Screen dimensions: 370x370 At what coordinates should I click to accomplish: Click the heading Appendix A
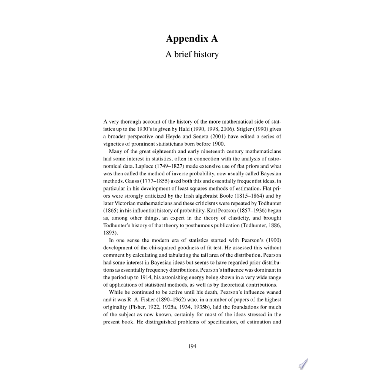pyautogui.click(x=192, y=38)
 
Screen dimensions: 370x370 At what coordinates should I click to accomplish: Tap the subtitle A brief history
pyautogui.click(x=192, y=54)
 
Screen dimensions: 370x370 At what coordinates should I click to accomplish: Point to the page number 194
pyautogui.click(x=192, y=346)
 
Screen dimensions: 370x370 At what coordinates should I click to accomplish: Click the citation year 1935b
pyautogui.click(x=201, y=307)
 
